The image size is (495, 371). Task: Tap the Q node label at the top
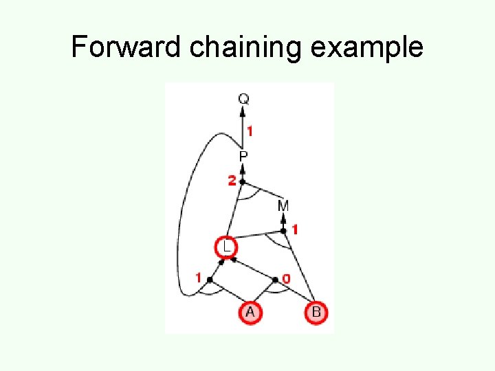243,99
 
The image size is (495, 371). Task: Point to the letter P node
243,157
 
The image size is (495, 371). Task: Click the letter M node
283,205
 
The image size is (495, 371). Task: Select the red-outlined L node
225,246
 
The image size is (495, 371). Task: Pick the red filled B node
316,313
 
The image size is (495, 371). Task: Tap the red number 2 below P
232,181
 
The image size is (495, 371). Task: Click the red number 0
286,278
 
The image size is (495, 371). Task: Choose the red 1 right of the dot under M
295,229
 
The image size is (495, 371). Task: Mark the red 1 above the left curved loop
199,278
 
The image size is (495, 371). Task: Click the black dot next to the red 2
243,181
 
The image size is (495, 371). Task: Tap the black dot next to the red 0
276,280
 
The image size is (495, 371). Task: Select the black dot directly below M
283,231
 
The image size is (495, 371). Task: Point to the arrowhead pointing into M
283,218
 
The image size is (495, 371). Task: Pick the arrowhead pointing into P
243,168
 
